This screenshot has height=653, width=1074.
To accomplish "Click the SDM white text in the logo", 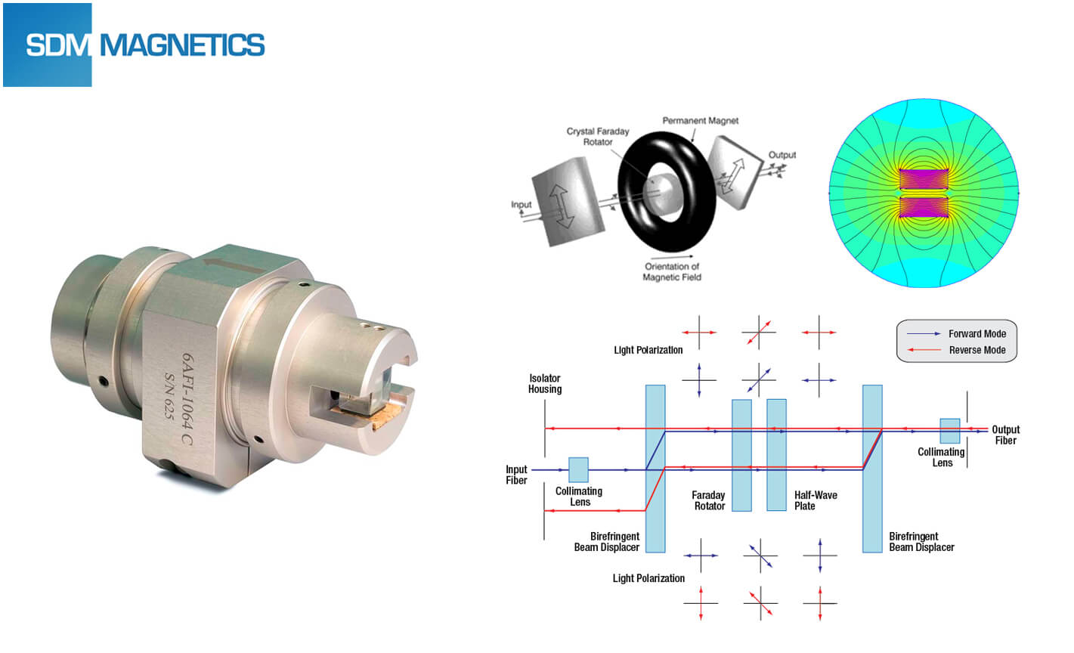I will pos(57,45).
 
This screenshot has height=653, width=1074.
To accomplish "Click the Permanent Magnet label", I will pos(700,121).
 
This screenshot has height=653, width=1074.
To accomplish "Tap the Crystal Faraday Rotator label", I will pos(597,137).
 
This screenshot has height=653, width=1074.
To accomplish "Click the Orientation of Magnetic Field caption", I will pos(672,271).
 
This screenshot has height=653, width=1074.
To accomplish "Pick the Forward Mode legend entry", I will pos(977,333).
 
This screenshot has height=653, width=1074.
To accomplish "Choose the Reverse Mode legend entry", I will pos(977,350).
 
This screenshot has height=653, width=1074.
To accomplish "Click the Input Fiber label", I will pos(517,475).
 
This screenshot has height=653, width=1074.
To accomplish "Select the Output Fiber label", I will pos(1005,435).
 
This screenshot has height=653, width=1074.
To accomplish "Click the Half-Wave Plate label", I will pos(816,500).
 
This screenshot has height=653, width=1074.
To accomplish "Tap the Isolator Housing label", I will pos(545,384).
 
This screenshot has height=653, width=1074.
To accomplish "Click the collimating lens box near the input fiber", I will pos(578,469).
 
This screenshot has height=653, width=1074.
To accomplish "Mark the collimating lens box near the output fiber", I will pos(949,431).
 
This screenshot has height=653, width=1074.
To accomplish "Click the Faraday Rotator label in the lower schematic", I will pos(709,500).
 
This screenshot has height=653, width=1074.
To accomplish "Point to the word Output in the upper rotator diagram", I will pos(782,155).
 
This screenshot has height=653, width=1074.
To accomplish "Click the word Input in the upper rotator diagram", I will pos(522,205).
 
